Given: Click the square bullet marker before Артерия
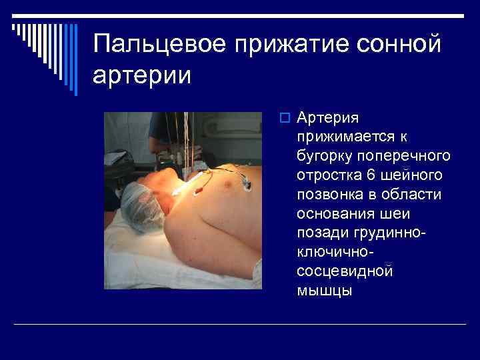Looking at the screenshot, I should click(x=283, y=119).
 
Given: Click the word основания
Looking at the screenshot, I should click(x=331, y=213).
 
